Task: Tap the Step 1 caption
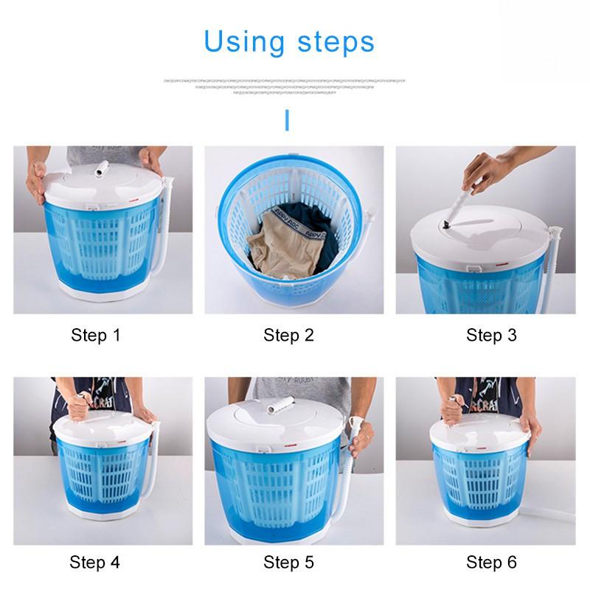click(95, 336)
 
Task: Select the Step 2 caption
click(288, 336)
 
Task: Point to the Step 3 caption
click(491, 336)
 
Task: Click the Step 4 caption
click(94, 563)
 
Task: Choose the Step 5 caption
click(288, 563)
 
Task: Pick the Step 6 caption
click(491, 563)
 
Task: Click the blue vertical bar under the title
click(287, 120)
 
